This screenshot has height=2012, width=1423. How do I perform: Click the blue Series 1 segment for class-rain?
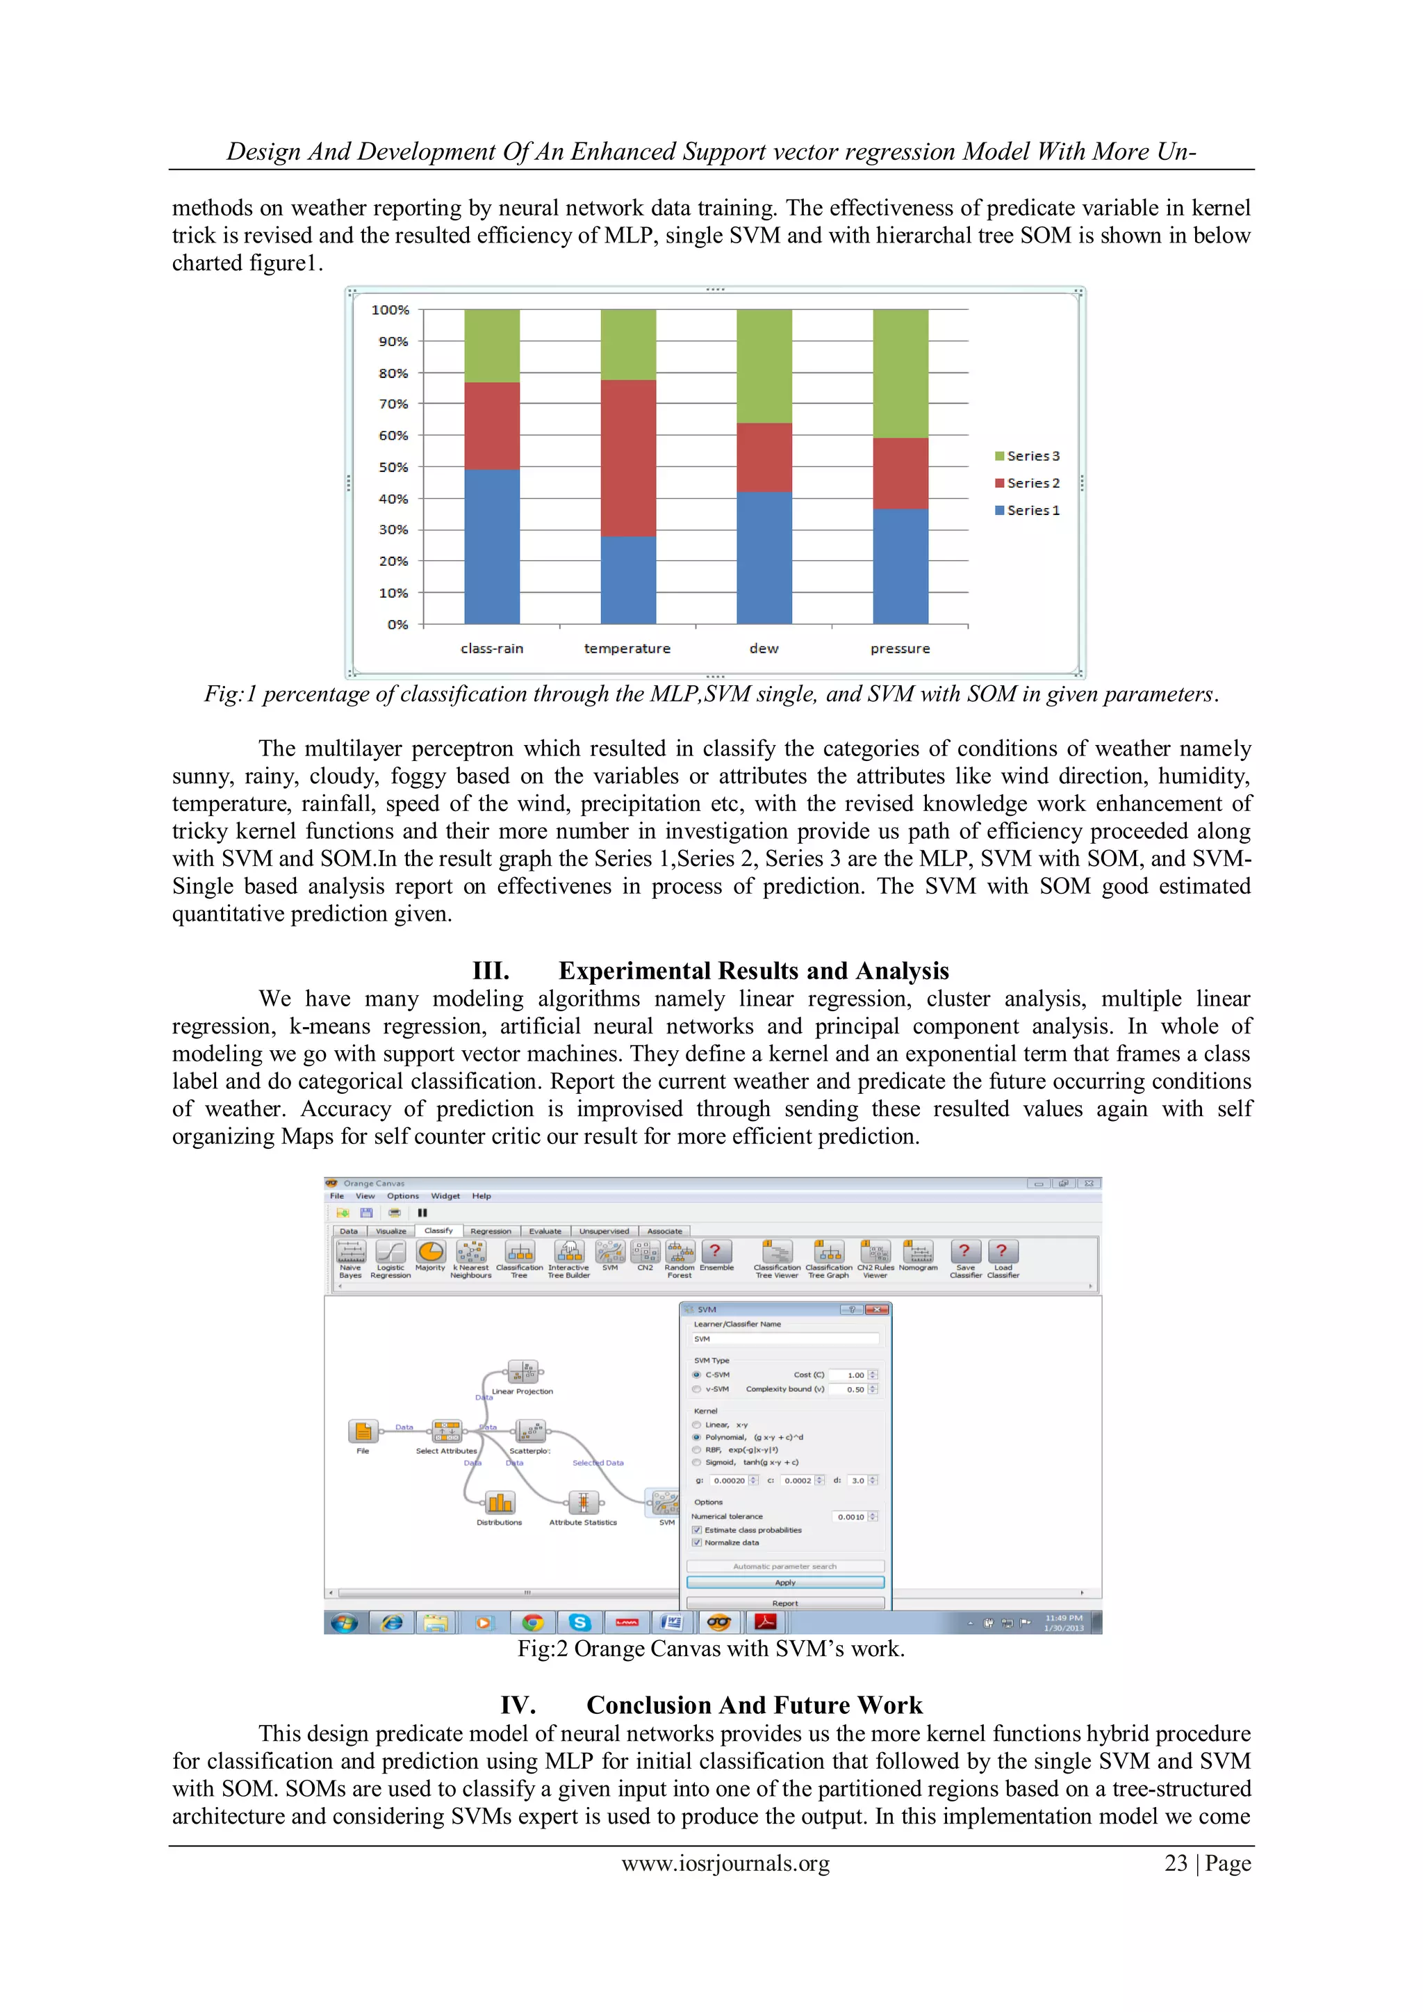(491, 546)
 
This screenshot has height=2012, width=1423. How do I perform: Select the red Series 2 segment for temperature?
(627, 457)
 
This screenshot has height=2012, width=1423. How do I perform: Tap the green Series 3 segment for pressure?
(900, 373)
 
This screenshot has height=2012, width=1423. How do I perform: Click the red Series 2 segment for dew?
(764, 457)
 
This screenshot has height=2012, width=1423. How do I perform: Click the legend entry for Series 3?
(1027, 456)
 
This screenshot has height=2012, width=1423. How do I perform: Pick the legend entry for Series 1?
(1027, 510)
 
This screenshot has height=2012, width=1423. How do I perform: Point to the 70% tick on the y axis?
(393, 404)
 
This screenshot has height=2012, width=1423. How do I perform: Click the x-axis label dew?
(763, 648)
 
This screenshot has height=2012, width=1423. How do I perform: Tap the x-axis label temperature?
(627, 648)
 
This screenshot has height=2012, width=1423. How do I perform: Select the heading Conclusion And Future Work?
(754, 1706)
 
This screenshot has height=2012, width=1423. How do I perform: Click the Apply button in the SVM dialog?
(785, 1582)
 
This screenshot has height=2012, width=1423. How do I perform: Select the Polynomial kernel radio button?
(697, 1437)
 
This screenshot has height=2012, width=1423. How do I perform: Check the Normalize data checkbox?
(698, 1542)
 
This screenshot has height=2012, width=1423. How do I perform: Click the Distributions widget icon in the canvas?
(500, 1504)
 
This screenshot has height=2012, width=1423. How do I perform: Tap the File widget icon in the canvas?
(363, 1431)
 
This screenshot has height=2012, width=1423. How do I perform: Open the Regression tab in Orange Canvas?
(490, 1232)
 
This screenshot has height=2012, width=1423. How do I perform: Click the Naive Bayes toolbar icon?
(350, 1253)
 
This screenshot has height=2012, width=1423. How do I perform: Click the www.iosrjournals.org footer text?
(725, 1863)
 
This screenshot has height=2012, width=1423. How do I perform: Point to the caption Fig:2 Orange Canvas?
(711, 1649)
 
